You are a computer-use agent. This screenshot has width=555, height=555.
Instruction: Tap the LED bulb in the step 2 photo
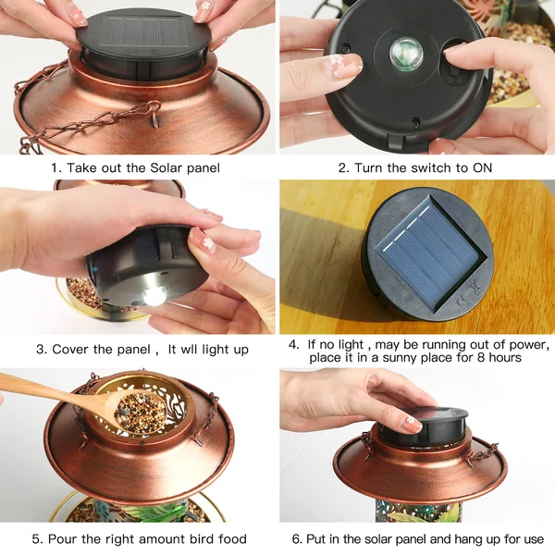[x=404, y=49]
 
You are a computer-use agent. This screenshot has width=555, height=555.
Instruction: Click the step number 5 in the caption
[x=36, y=539]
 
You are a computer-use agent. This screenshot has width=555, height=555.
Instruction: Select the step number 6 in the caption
[x=297, y=539]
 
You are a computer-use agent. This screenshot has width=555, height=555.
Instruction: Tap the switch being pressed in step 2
[x=456, y=53]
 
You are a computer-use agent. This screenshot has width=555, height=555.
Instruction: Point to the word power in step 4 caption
[x=527, y=344]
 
